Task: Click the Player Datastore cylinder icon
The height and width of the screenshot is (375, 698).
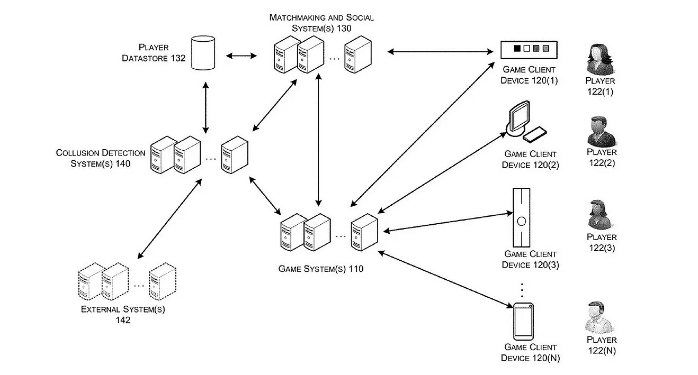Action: click(203, 53)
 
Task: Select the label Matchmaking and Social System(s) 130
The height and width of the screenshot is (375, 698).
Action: click(321, 23)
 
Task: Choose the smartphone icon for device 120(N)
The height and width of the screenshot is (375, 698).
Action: click(523, 322)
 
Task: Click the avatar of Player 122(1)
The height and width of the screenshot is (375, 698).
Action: click(601, 60)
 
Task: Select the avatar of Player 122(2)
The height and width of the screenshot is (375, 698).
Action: click(601, 132)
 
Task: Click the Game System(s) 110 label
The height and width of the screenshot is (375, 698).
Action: click(321, 269)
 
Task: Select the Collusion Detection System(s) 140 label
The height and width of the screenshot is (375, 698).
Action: click(101, 158)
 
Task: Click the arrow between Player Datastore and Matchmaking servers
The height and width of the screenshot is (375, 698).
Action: click(241, 54)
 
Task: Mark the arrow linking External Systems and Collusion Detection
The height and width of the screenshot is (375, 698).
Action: click(169, 218)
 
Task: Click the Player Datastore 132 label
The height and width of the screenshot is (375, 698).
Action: click(154, 53)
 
